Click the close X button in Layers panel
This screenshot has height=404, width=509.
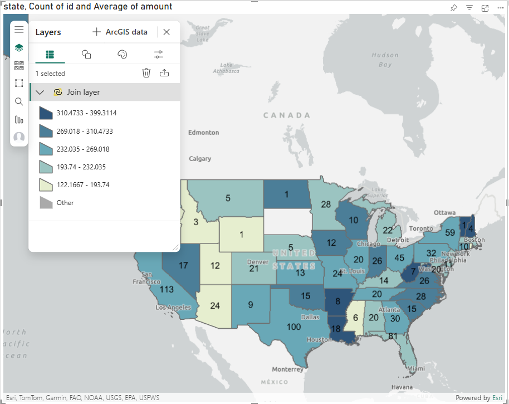[167, 32]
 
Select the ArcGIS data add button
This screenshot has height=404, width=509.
[120, 32]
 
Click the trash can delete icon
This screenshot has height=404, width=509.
[146, 73]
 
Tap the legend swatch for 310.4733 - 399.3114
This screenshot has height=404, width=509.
[46, 113]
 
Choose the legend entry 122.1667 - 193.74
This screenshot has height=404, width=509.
[82, 185]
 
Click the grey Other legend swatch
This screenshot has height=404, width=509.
[46, 203]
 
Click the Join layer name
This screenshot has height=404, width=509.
[84, 92]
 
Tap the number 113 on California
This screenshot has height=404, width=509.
[167, 289]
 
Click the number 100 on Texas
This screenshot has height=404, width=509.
[294, 327]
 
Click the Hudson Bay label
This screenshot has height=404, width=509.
[385, 60]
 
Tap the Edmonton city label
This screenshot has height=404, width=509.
[203, 133]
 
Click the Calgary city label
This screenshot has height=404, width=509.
[200, 159]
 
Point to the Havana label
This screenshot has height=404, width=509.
[402, 387]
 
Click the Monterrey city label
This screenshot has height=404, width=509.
[288, 369]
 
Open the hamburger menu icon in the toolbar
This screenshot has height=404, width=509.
[19, 30]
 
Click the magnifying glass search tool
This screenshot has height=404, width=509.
[19, 101]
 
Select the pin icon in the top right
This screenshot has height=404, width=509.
[454, 8]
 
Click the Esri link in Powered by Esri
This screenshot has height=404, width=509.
[497, 398]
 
